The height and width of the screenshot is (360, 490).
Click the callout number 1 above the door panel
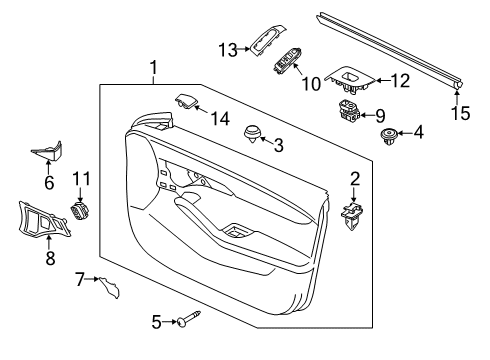click(x=153, y=68)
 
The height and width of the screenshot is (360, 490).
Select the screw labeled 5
click(x=189, y=319)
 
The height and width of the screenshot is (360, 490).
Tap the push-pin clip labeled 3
click(x=253, y=134)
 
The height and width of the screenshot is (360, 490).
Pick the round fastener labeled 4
click(x=389, y=137)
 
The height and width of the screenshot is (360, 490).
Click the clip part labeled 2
click(x=351, y=215)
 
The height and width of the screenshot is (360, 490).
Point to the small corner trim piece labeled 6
click(x=47, y=151)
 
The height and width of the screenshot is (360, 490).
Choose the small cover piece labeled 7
click(x=109, y=287)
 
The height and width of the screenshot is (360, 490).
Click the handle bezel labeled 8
click(x=43, y=221)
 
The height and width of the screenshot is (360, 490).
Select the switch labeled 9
click(x=349, y=110)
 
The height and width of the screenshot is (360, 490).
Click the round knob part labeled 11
click(x=80, y=211)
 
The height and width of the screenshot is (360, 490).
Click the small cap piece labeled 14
click(x=186, y=101)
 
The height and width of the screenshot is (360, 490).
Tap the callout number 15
click(x=461, y=113)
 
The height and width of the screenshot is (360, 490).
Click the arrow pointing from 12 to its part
click(x=382, y=80)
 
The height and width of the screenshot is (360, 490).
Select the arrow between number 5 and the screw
click(x=170, y=322)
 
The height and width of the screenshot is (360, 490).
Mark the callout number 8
click(x=50, y=258)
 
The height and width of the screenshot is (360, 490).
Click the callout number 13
click(x=228, y=50)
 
